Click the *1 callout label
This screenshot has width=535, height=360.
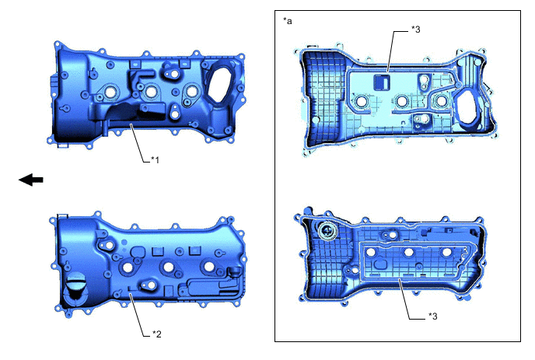(x=156, y=159)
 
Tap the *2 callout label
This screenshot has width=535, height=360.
(x=156, y=334)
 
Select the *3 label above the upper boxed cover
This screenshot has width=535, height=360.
(x=415, y=30)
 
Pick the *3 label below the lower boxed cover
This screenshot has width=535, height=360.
(x=432, y=316)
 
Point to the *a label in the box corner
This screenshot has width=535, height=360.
(x=288, y=21)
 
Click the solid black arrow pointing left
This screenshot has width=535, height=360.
(x=30, y=180)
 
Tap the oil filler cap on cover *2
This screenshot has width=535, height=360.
(x=75, y=288)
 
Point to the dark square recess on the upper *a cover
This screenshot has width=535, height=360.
(x=382, y=82)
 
